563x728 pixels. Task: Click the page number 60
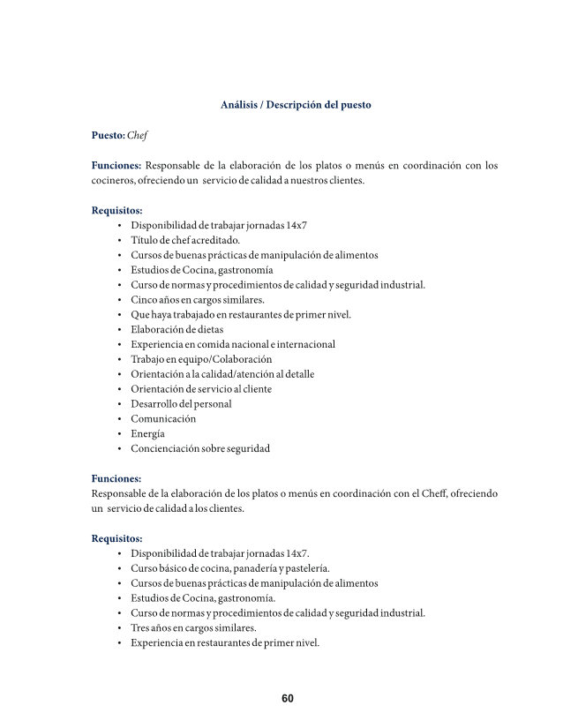coord(288,699)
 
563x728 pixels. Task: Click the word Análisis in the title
coord(239,105)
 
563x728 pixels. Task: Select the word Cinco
coord(145,299)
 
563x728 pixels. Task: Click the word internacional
coord(300,344)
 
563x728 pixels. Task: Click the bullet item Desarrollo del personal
coord(181,403)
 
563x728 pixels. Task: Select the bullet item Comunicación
coord(163,418)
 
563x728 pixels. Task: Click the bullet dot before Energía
coord(119,433)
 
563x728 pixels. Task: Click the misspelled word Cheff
coord(430,494)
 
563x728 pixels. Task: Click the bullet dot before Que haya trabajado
coord(119,314)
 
